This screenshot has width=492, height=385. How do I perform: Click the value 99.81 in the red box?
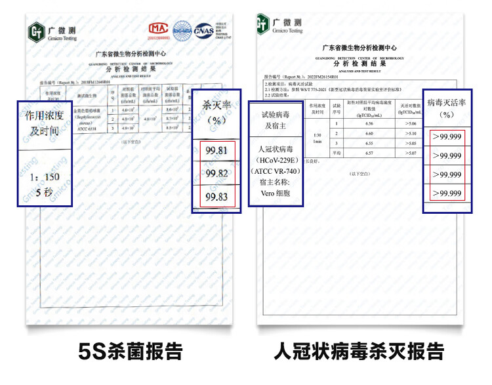[x=216, y=150]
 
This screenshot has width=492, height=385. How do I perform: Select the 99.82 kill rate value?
[x=216, y=173]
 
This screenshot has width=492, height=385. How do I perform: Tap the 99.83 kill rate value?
[x=216, y=196]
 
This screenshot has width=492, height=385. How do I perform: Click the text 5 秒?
[x=43, y=192]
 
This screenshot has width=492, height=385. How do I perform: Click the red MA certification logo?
[x=157, y=30]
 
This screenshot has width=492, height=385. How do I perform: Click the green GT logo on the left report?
[x=37, y=31]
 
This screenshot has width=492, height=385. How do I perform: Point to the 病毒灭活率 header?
[x=446, y=108]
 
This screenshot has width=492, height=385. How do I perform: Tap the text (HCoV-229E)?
[x=275, y=160]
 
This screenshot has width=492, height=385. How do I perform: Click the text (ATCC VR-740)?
[x=275, y=172]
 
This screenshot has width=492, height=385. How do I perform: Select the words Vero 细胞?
[x=275, y=195]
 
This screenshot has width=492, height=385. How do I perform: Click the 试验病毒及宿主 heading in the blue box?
[x=276, y=119]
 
